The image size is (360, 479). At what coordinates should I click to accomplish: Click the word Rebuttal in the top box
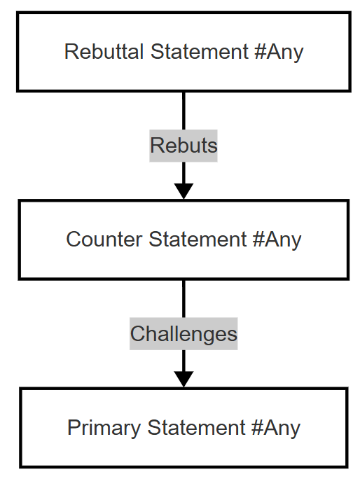click(x=104, y=51)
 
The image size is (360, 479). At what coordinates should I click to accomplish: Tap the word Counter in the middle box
click(x=104, y=239)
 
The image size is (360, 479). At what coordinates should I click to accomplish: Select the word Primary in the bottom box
click(x=104, y=429)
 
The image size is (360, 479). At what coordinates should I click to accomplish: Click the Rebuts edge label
click(x=184, y=146)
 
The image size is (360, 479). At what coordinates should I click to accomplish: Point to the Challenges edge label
click(x=184, y=333)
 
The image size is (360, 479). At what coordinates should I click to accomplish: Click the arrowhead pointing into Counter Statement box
click(x=184, y=190)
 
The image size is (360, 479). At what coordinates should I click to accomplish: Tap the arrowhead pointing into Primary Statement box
click(x=184, y=379)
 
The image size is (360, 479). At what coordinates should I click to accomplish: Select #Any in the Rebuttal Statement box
click(x=279, y=53)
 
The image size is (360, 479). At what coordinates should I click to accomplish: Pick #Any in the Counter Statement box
click(x=277, y=240)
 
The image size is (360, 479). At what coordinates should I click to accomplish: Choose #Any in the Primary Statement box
click(x=276, y=429)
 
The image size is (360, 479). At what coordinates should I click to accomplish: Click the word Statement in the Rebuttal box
click(x=199, y=51)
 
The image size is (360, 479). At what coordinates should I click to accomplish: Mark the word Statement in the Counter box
click(x=198, y=239)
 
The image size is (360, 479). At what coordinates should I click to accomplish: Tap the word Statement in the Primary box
click(x=196, y=427)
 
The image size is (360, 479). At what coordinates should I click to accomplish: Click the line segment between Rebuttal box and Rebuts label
click(x=184, y=111)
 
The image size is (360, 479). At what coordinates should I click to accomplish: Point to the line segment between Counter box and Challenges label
click(x=184, y=298)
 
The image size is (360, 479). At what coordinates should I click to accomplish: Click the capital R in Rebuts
click(x=156, y=146)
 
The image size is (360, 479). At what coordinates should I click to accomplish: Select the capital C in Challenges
click(x=138, y=333)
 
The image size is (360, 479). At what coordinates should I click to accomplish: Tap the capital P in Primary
click(x=74, y=427)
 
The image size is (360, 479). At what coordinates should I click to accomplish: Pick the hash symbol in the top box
click(x=260, y=51)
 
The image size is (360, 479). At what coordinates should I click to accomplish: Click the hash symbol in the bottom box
click(x=257, y=427)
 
